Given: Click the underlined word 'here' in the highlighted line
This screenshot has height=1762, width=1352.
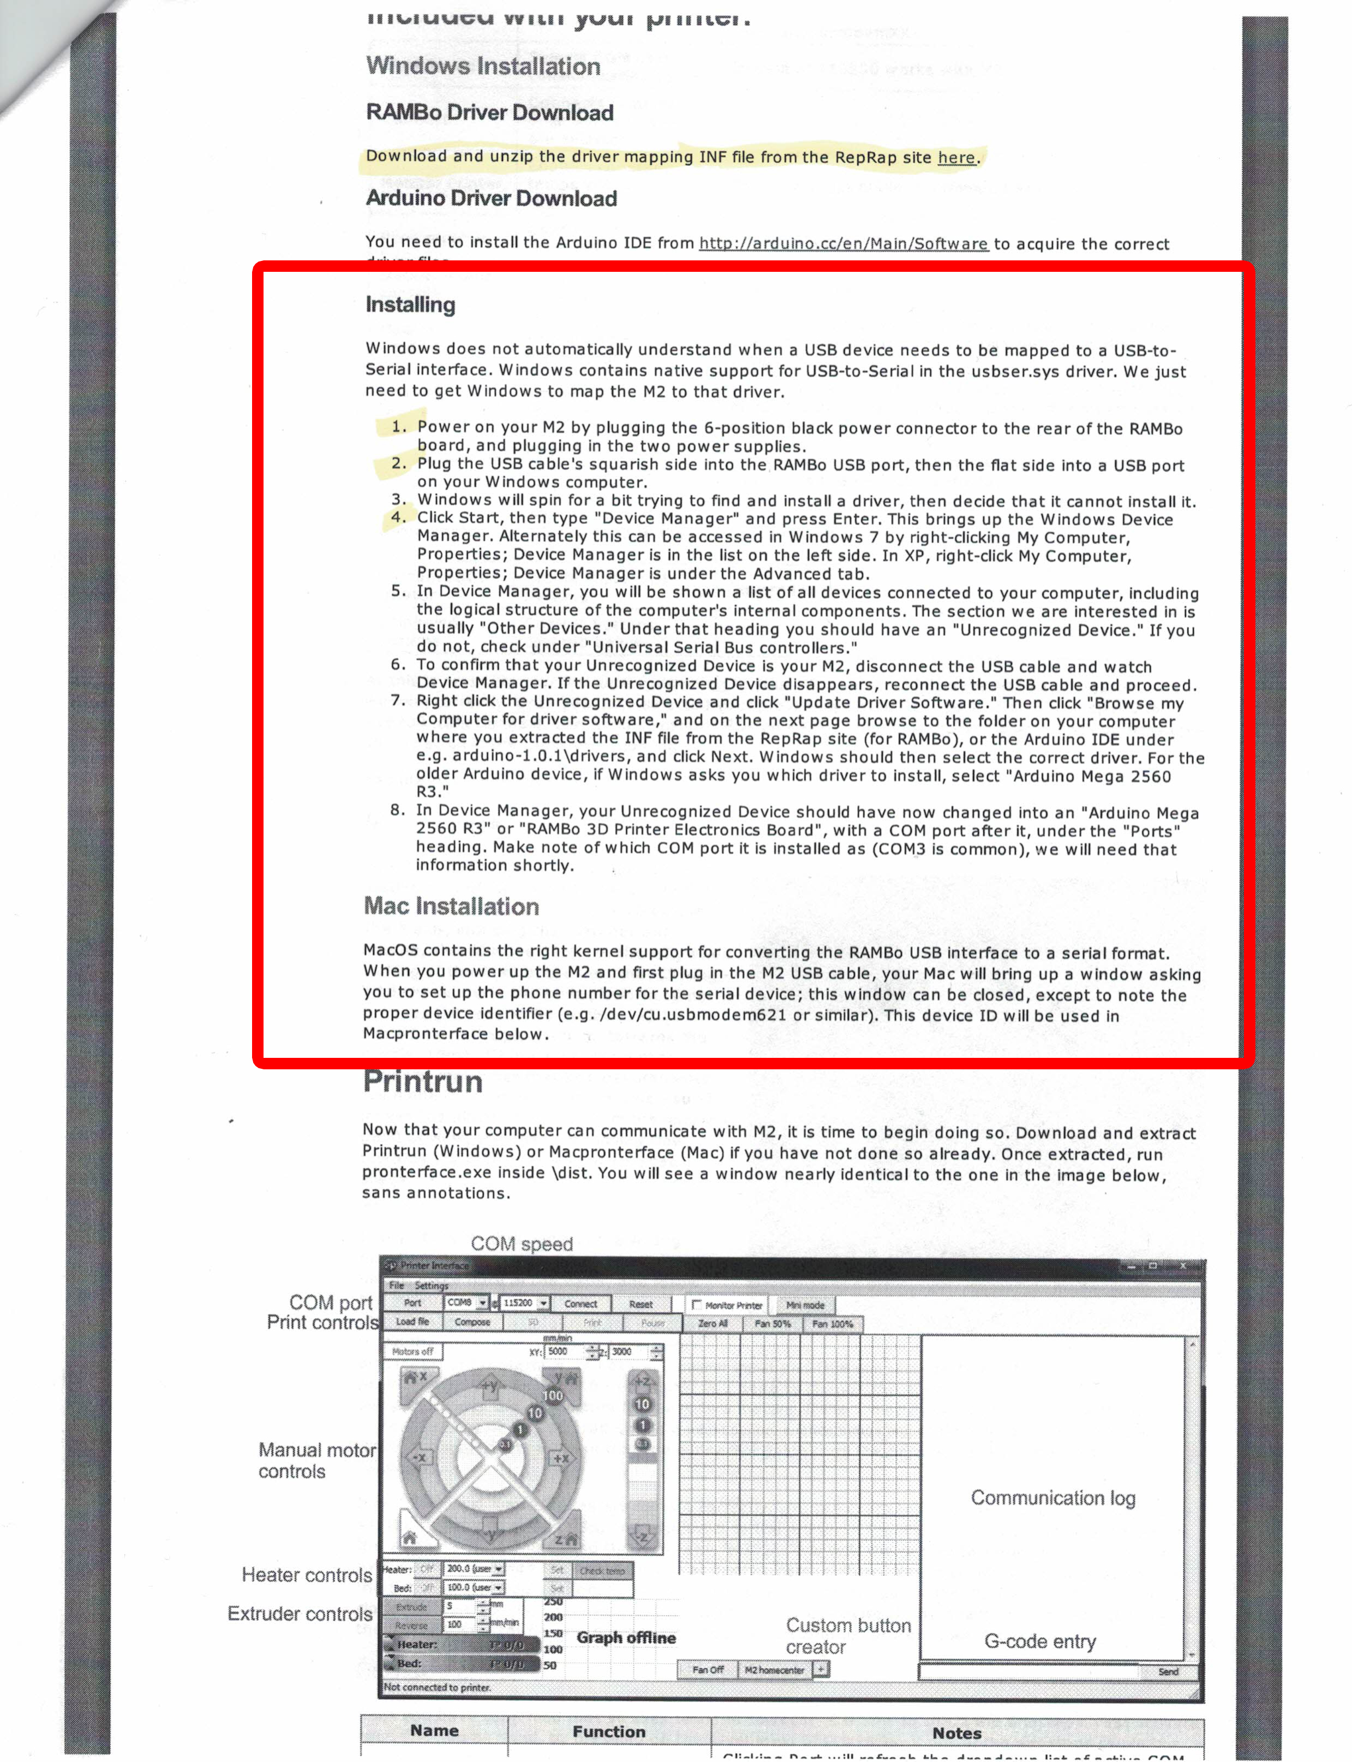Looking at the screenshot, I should coord(956,158).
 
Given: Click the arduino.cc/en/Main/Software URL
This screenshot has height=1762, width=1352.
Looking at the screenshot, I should coord(842,243).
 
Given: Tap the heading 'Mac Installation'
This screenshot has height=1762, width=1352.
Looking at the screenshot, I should coord(451,906).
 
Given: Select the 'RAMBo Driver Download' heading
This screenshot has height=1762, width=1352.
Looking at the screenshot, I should coord(489,112).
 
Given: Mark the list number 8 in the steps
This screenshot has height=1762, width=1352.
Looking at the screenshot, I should coord(398,809).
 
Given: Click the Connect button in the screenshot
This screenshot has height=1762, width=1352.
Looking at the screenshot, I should coord(580,1303).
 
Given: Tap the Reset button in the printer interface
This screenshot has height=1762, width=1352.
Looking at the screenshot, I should coord(641,1303).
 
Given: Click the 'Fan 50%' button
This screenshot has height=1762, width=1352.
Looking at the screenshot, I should coord(772,1323).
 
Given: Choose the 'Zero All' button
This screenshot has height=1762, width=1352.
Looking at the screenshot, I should coord(712,1323).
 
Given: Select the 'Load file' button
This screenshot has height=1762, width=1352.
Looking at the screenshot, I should coord(412,1321).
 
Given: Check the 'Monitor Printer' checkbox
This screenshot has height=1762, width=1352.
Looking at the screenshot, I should coord(697,1305).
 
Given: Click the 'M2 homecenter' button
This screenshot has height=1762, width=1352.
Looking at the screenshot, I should coord(773,1669).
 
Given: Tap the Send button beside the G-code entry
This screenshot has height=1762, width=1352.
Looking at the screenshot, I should coord(1168,1671).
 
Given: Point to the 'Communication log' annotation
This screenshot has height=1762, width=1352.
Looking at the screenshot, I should coord(1052,1497).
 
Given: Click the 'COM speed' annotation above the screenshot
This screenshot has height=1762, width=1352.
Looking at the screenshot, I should coord(522,1243).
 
